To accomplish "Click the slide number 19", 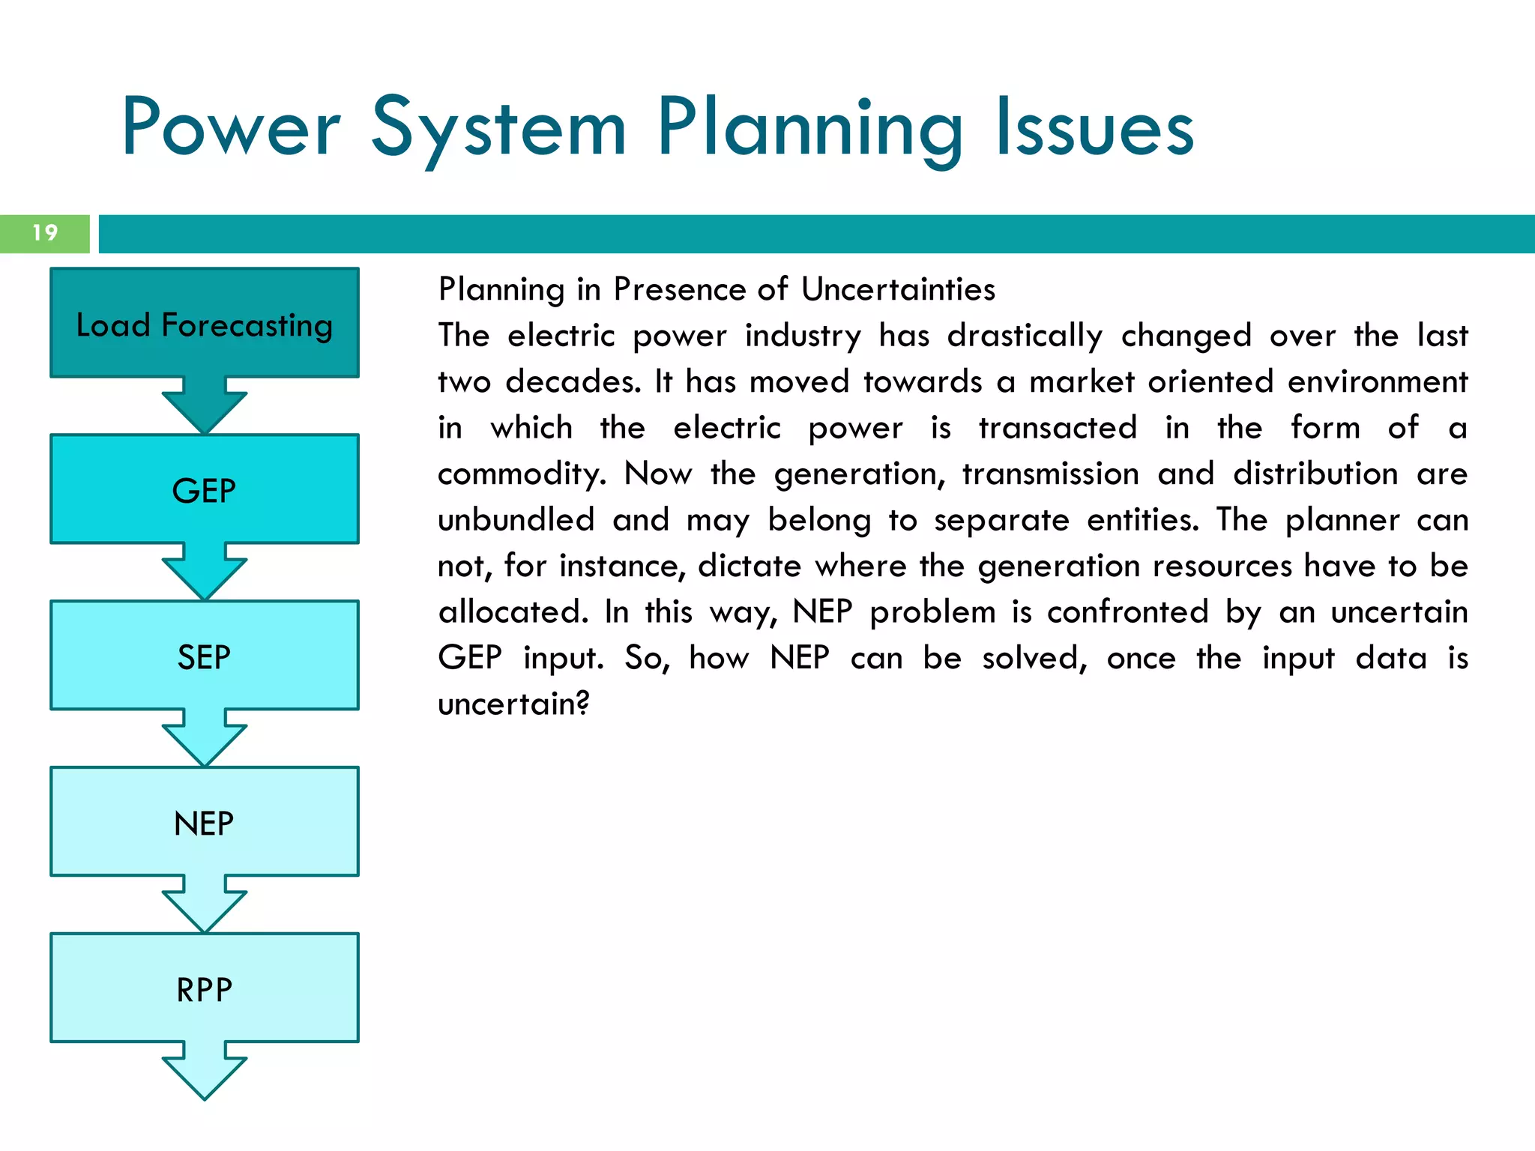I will pos(45,233).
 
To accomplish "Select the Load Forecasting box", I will pos(205,324).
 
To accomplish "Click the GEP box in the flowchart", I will pos(205,490).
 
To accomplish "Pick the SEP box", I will pos(205,656).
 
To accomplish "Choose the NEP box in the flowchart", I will pos(205,823).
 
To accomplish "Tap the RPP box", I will pos(205,989).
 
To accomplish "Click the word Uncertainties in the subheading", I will pos(898,289).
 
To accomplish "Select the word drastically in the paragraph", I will pos(1025,336).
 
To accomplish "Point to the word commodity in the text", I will pos(522,475).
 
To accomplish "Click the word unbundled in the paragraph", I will pos(516,520).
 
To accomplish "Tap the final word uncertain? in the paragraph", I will pos(514,704).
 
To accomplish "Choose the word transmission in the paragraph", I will pos(1051,474).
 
